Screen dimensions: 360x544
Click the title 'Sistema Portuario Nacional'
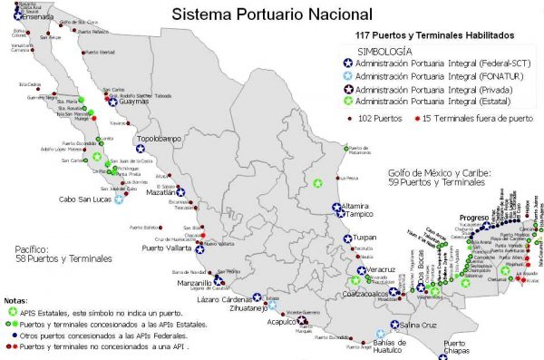(x=258, y=14)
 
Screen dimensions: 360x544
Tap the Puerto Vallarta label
(x=167, y=247)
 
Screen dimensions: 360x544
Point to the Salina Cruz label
(x=422, y=325)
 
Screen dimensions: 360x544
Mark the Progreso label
(x=473, y=218)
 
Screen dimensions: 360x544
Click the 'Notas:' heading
(x=15, y=298)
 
